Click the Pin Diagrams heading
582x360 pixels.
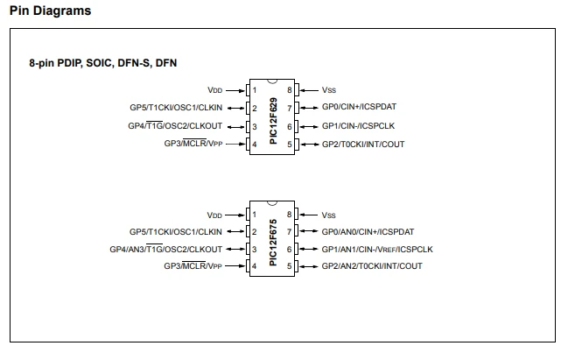point(50,11)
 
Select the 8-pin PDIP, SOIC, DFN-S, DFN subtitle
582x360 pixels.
point(102,63)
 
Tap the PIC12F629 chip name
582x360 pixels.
point(273,121)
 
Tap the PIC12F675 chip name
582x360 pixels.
point(273,243)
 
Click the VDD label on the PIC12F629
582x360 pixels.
point(215,90)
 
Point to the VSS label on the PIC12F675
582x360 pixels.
point(328,215)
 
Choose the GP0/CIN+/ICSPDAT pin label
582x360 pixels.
point(359,107)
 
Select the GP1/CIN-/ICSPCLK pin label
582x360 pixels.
point(358,126)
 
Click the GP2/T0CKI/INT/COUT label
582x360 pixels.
point(363,145)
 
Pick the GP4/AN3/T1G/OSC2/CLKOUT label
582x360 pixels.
point(166,250)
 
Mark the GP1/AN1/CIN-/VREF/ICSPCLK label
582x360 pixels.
point(377,250)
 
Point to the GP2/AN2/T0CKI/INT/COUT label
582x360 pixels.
point(372,266)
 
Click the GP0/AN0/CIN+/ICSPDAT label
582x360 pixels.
point(368,232)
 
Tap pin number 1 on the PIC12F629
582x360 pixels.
point(255,90)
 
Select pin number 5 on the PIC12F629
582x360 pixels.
point(290,145)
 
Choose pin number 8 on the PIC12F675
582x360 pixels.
point(289,215)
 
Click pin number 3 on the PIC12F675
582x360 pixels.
point(255,250)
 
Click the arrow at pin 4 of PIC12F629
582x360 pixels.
point(235,144)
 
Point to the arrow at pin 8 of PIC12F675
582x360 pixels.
point(308,215)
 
